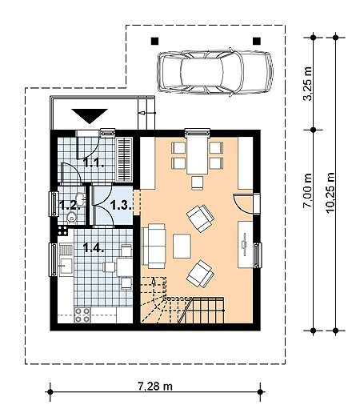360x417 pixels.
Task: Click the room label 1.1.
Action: (x=94, y=162)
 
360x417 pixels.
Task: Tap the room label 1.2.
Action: (x=70, y=205)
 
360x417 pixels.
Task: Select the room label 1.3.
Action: (x=121, y=205)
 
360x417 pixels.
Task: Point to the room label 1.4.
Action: (x=94, y=247)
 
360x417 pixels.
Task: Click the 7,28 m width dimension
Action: (x=155, y=386)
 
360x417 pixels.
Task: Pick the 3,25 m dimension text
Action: (x=308, y=84)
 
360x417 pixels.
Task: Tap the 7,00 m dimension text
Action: (x=308, y=190)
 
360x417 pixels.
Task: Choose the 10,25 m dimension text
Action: (x=330, y=192)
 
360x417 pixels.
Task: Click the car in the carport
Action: (x=215, y=72)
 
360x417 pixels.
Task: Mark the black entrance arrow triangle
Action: (x=90, y=116)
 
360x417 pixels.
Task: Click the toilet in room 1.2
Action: (x=71, y=218)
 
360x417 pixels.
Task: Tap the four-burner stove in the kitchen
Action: (x=82, y=315)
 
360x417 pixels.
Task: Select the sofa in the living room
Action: (x=154, y=246)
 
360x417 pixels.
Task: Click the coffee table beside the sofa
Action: (x=182, y=246)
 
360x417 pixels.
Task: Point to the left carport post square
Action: (x=155, y=41)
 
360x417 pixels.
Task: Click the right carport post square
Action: (x=257, y=41)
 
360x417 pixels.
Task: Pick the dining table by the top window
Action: (x=197, y=154)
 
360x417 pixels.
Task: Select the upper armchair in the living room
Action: (x=201, y=219)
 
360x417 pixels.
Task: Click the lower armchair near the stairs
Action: (x=200, y=274)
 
